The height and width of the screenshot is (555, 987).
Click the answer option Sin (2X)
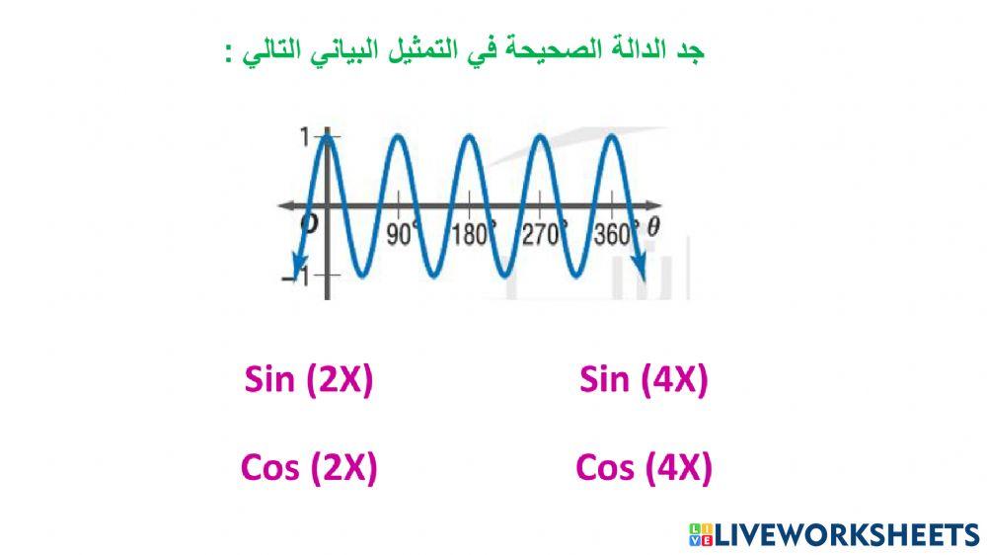(x=308, y=379)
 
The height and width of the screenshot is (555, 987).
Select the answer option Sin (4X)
(x=644, y=379)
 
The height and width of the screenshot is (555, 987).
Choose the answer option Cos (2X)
(x=308, y=467)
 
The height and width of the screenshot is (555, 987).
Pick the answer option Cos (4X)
(x=644, y=467)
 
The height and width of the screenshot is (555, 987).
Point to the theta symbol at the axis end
(x=653, y=226)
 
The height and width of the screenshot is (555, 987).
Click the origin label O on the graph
(x=309, y=224)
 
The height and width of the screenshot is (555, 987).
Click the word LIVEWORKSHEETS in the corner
(x=846, y=535)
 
